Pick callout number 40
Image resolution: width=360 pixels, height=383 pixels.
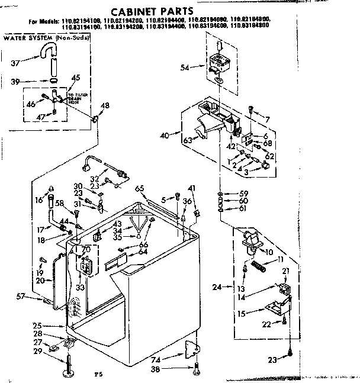coord(164,136)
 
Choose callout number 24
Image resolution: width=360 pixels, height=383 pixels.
coord(216,288)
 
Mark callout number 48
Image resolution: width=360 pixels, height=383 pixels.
coord(105,106)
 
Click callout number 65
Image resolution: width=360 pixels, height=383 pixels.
coord(140,188)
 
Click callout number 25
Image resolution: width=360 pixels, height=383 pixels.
coord(37,326)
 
